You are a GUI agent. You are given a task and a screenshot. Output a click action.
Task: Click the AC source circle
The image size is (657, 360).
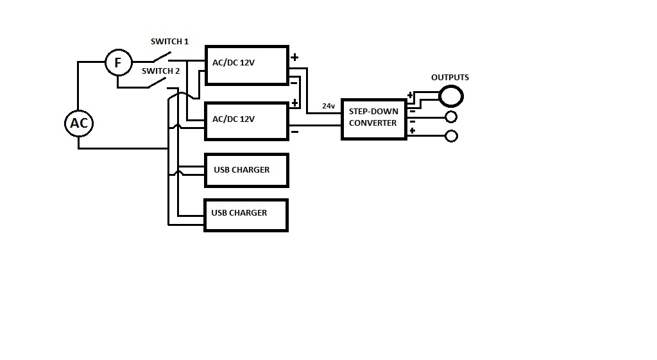(79, 123)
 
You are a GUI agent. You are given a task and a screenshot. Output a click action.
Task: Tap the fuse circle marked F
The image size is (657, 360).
(117, 63)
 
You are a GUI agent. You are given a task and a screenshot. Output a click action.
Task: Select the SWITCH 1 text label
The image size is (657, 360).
(169, 42)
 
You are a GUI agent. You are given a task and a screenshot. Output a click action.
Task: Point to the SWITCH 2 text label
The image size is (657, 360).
(161, 71)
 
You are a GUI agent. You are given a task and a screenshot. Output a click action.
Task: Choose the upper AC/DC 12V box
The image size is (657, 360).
(246, 65)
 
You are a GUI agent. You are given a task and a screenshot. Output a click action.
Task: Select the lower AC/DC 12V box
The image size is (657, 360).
(246, 121)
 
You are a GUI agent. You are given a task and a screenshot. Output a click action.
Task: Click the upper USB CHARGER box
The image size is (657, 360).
(246, 170)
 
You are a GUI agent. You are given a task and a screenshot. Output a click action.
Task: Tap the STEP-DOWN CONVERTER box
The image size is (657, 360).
(373, 119)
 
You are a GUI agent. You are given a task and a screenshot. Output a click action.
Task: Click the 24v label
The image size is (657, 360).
(328, 106)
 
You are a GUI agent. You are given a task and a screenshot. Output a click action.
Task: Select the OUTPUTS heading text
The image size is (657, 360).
(450, 78)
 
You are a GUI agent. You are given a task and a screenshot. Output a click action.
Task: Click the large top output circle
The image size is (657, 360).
(451, 97)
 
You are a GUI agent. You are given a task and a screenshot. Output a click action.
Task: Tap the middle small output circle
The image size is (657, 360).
(451, 117)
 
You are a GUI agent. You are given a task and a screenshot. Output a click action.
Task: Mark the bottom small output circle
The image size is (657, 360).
(451, 136)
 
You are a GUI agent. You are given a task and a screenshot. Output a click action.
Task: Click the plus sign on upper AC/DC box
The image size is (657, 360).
(294, 57)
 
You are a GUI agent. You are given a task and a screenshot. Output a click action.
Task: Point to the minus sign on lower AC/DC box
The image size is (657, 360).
(294, 132)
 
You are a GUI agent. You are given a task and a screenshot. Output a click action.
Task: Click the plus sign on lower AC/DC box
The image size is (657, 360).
(295, 103)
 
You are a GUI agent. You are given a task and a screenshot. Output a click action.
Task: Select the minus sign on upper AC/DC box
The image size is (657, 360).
(294, 82)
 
